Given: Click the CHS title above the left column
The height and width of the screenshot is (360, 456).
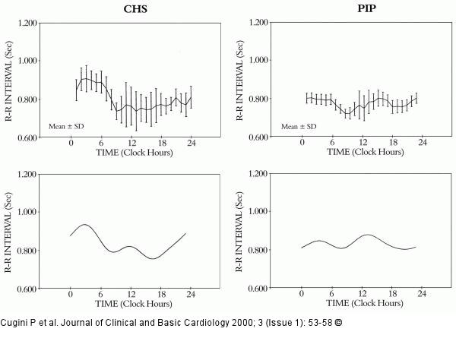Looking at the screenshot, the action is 135,9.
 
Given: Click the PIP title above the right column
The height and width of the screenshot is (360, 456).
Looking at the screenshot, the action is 366,8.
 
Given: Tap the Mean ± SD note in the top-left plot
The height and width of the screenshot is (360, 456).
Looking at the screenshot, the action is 66,126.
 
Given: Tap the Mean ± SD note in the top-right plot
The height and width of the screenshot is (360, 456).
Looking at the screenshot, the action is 299,126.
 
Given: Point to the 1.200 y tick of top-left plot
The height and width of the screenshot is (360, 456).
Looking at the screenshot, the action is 27,23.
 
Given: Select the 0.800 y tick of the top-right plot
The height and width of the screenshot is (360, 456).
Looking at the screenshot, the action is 258,99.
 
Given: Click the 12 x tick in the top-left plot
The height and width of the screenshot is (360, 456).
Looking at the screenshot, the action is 131,143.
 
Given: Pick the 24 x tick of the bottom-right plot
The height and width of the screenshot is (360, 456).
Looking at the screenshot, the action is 422,294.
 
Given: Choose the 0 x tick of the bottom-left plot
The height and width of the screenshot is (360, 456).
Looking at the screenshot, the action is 71,295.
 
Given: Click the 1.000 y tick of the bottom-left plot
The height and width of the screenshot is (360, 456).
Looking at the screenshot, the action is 27,212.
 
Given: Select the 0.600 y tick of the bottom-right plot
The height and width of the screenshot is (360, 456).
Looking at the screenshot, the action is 258,289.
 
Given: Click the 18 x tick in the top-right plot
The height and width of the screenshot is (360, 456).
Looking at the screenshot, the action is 393,142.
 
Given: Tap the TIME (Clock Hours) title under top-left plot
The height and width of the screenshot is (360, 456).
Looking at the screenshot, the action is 135,153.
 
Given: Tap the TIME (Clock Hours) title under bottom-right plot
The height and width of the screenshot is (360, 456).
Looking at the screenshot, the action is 365,303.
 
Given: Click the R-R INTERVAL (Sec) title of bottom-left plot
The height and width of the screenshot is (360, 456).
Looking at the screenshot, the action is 8,232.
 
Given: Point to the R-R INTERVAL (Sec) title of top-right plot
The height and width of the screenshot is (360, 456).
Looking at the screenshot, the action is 239,81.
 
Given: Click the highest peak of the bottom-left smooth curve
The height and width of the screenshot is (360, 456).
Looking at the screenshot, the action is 84,224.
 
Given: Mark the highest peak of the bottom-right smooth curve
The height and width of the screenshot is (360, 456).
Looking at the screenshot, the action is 368,234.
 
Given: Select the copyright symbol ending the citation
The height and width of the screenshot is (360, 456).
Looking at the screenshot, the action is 338,323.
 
